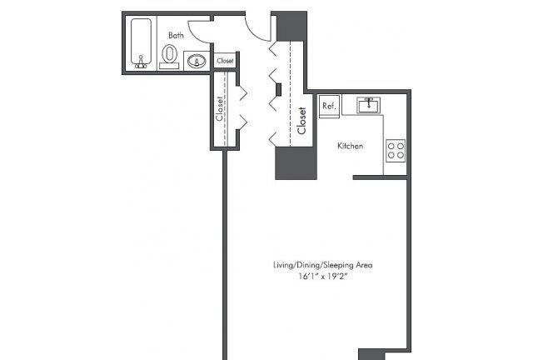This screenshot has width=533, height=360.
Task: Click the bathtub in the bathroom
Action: point(141,42)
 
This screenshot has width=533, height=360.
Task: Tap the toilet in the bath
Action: point(169,56)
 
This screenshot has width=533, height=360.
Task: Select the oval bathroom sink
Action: point(197,62)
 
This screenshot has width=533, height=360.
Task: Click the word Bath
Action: point(176,35)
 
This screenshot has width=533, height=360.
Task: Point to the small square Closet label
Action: point(225,61)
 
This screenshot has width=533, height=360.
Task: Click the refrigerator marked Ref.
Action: point(329,106)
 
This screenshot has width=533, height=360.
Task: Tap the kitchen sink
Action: point(368,105)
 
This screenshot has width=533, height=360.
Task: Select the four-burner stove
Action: point(396,150)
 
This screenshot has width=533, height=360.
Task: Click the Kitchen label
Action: point(350,146)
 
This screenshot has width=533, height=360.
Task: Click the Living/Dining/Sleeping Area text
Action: point(323,265)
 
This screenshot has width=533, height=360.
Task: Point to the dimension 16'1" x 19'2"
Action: point(323,277)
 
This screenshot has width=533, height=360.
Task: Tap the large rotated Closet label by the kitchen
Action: point(301,121)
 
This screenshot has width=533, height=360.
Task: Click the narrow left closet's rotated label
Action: point(220,109)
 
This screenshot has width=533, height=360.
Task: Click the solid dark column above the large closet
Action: point(291,27)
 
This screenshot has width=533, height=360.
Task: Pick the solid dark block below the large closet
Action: point(296,163)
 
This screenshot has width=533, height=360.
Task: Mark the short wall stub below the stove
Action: point(380,177)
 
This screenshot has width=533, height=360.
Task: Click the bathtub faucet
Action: point(141,62)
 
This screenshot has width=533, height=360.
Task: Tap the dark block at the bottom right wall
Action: point(371,354)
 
